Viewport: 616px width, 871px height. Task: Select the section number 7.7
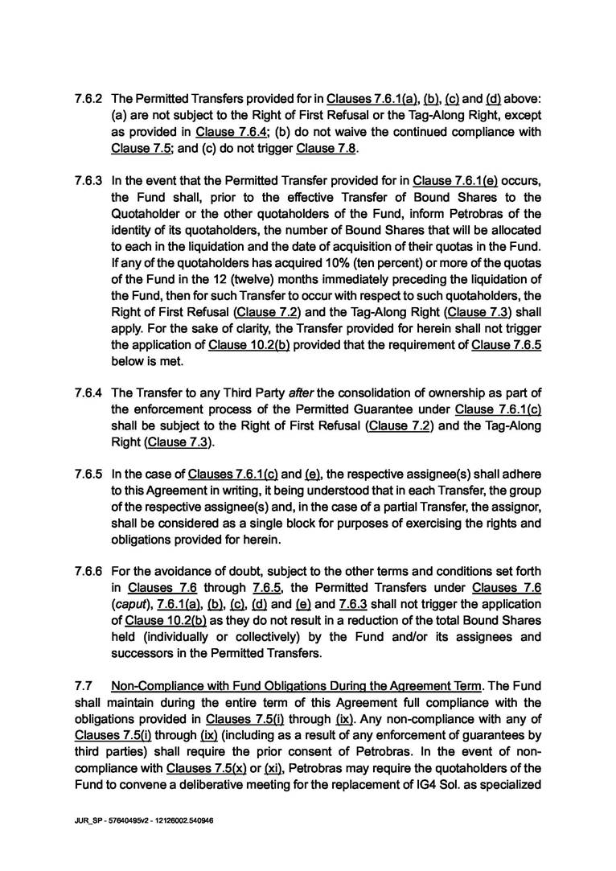pyautogui.click(x=81, y=686)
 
